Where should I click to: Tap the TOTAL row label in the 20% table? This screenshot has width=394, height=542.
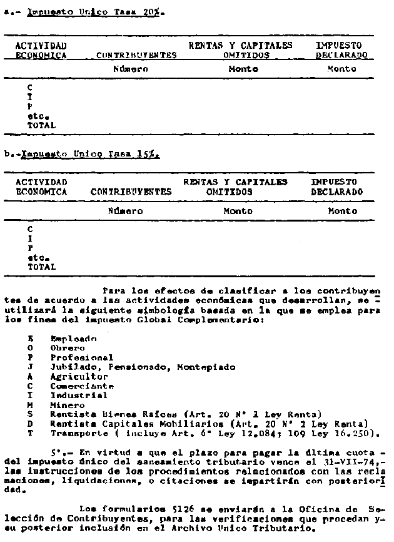coord(41,125)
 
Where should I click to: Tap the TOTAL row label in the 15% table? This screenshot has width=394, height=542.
coord(41,266)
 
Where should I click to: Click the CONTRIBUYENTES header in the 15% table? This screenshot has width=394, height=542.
coord(131,192)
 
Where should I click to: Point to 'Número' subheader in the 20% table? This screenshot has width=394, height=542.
coord(129,69)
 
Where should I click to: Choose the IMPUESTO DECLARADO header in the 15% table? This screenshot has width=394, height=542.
coord(336,187)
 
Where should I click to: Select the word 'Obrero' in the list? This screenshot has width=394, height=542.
coord(68,347)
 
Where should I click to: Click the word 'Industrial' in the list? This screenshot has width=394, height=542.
coord(79,396)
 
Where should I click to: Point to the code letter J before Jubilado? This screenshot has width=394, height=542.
coord(30,367)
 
